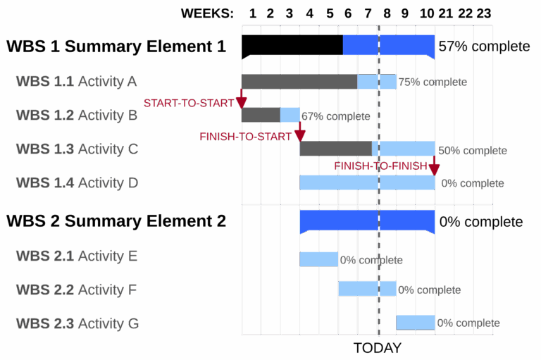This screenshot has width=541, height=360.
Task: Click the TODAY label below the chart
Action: pyautogui.click(x=377, y=348)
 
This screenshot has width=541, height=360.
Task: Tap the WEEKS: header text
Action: pyautogui.click(x=206, y=13)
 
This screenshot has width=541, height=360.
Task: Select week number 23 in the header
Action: pyautogui.click(x=483, y=13)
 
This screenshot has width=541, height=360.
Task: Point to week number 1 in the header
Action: pyautogui.click(x=252, y=13)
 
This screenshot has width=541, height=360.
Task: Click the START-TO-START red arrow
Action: pyautogui.click(x=242, y=98)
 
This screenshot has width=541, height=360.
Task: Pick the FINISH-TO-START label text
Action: pyautogui.click(x=244, y=137)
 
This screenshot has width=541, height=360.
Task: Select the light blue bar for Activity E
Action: pyautogui.click(x=318, y=259)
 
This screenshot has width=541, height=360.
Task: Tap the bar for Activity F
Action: pyautogui.click(x=366, y=289)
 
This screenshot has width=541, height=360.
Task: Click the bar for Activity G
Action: pyautogui.click(x=415, y=323)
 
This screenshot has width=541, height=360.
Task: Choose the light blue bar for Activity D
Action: pyautogui.click(x=367, y=182)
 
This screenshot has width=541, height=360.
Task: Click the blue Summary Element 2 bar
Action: pyautogui.click(x=367, y=221)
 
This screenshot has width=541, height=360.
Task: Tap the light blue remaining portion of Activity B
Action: pyautogui.click(x=290, y=114)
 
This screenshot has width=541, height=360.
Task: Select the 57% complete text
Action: pyautogui.click(x=483, y=46)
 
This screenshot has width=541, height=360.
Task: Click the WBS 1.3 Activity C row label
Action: pyautogui.click(x=77, y=149)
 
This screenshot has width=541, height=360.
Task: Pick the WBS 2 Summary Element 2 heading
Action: pyautogui.click(x=116, y=221)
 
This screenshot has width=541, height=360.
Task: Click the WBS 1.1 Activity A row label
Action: pyautogui.click(x=76, y=81)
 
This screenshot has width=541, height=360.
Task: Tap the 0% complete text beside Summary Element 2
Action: pyautogui.click(x=481, y=222)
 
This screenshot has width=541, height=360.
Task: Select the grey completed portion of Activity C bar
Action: pyautogui.click(x=335, y=149)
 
